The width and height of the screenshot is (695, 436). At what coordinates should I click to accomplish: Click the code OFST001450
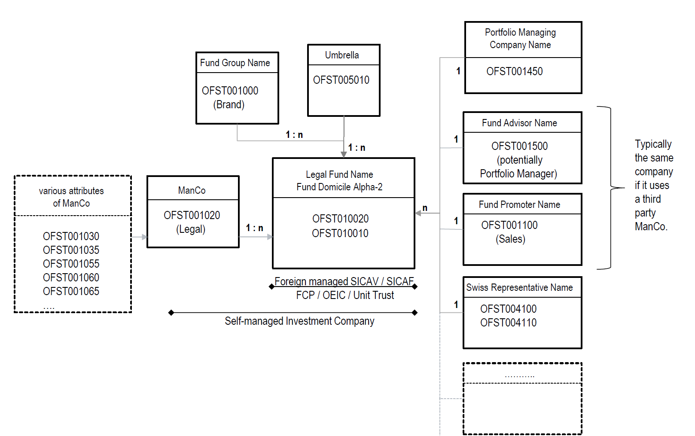click(x=514, y=71)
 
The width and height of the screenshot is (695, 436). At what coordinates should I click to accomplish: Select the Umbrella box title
click(x=342, y=55)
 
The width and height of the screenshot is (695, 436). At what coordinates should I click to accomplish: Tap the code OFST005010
click(x=341, y=80)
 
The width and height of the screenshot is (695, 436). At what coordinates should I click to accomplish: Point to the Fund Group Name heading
click(x=235, y=63)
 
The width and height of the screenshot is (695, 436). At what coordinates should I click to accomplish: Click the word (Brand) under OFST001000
click(x=229, y=104)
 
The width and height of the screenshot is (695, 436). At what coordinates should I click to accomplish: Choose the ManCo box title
click(x=192, y=190)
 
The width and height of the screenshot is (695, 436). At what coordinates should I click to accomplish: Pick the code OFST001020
click(x=192, y=215)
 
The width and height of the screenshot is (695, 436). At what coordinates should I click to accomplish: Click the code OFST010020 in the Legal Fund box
click(x=340, y=219)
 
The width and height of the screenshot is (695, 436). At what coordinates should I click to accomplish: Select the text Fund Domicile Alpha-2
click(x=339, y=187)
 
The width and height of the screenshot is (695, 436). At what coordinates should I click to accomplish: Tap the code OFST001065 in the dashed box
click(x=71, y=291)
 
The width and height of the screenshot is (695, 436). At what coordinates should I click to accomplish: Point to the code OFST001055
click(x=71, y=264)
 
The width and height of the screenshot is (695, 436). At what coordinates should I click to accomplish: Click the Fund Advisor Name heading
click(x=519, y=123)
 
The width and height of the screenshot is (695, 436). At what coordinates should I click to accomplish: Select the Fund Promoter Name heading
click(x=519, y=204)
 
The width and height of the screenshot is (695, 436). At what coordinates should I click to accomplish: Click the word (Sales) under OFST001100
click(x=510, y=239)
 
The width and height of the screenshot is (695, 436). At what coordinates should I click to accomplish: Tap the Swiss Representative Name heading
click(x=519, y=287)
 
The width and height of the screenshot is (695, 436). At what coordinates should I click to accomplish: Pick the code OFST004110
click(x=508, y=323)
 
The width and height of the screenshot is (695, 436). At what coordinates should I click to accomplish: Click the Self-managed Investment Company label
click(x=299, y=321)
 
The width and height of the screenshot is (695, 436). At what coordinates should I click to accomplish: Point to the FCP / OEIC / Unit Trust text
click(x=345, y=295)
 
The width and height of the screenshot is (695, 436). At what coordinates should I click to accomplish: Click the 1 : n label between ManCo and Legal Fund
click(x=254, y=228)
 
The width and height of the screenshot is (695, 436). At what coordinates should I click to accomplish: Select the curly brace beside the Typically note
click(x=612, y=188)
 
